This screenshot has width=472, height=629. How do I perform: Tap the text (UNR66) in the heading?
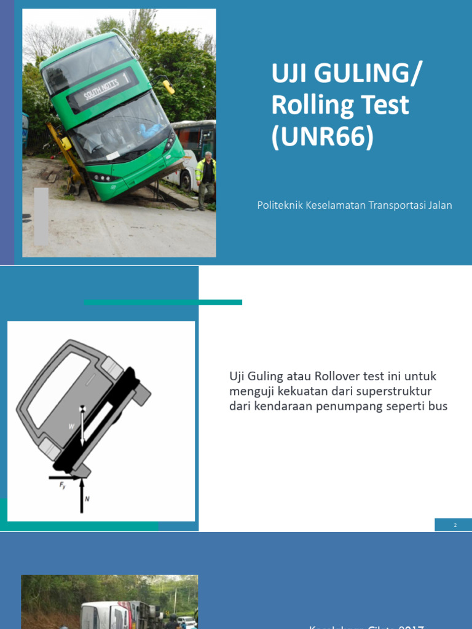click(323, 137)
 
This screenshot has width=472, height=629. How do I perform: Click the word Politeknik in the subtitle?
click(281, 205)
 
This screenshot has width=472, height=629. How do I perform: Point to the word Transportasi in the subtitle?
click(396, 205)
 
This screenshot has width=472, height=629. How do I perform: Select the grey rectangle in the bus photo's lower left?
click(41, 216)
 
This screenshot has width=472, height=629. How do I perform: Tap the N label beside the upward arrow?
click(87, 499)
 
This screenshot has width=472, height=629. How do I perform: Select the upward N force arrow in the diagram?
click(81, 494)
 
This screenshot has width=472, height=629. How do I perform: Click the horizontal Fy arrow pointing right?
click(64, 477)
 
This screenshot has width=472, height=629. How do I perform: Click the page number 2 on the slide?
click(455, 525)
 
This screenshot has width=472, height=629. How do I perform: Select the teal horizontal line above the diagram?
click(163, 302)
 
